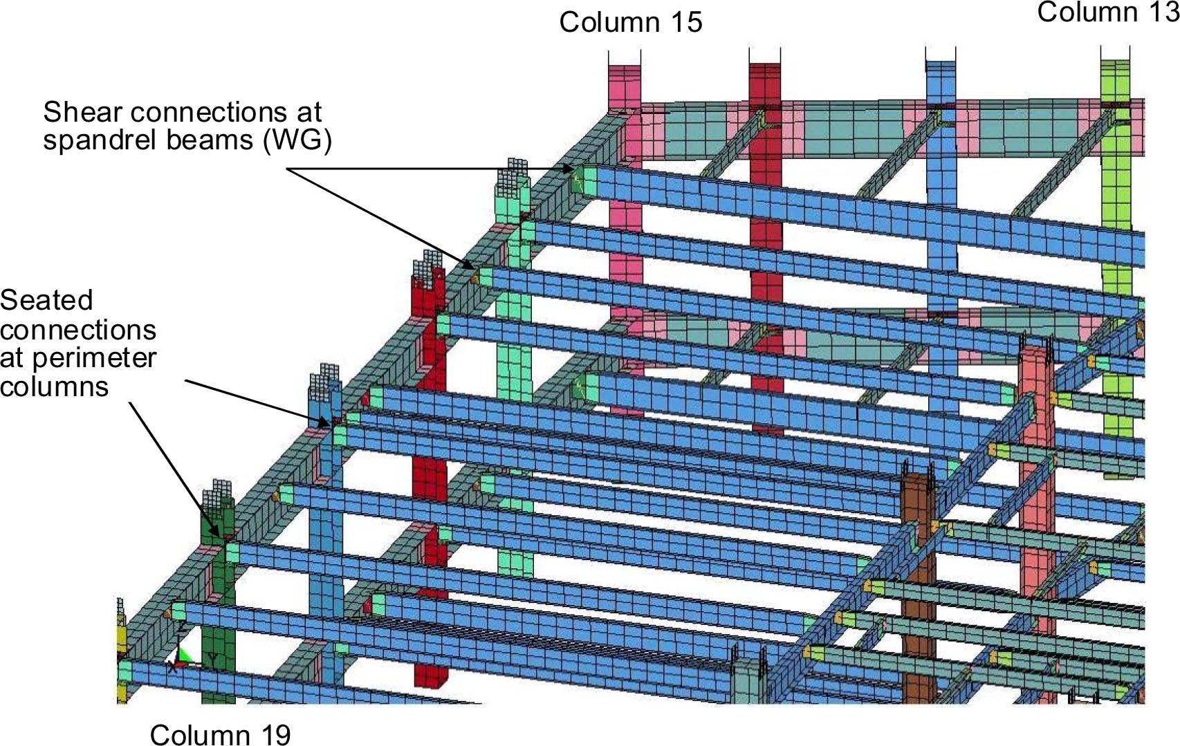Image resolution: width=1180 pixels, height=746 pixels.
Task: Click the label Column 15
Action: [631, 23]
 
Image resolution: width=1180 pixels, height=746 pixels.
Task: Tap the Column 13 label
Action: [1108, 12]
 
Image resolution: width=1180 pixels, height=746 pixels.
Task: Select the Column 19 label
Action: [220, 734]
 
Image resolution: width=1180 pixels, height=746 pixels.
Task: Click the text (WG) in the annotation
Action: [297, 141]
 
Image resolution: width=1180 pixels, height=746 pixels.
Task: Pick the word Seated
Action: [46, 301]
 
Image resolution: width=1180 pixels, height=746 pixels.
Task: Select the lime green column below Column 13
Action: [1116, 263]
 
